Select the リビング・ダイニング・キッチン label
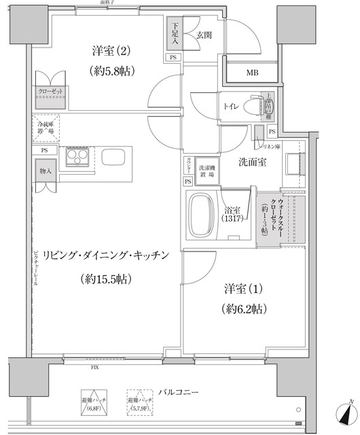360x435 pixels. tap(105, 256)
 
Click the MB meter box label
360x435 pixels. tap(252, 73)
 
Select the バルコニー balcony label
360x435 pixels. tap(178, 392)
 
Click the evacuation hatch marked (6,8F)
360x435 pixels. tap(92, 404)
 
